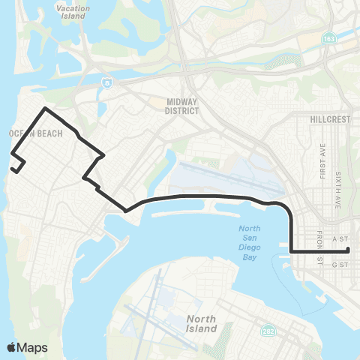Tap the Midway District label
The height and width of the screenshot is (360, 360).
[x=181, y=106]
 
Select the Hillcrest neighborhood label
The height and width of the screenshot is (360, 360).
[x=329, y=118]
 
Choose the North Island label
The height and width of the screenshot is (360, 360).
[x=201, y=323]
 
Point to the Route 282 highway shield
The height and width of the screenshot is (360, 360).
[x=268, y=330]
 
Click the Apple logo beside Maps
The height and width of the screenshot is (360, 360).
[x=12, y=347]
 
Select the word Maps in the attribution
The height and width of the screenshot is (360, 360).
[x=32, y=347]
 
